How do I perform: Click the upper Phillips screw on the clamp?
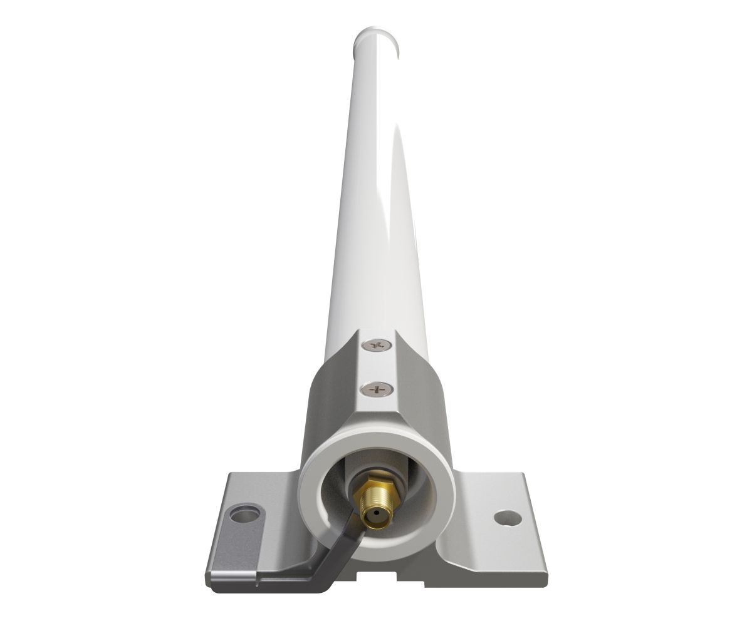click(x=377, y=345)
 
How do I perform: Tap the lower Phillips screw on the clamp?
click(x=377, y=389)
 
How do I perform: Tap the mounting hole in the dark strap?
click(x=244, y=515)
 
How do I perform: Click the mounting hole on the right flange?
click(x=507, y=518)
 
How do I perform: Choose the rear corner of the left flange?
click(x=228, y=474)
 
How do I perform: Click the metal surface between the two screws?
click(x=377, y=367)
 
